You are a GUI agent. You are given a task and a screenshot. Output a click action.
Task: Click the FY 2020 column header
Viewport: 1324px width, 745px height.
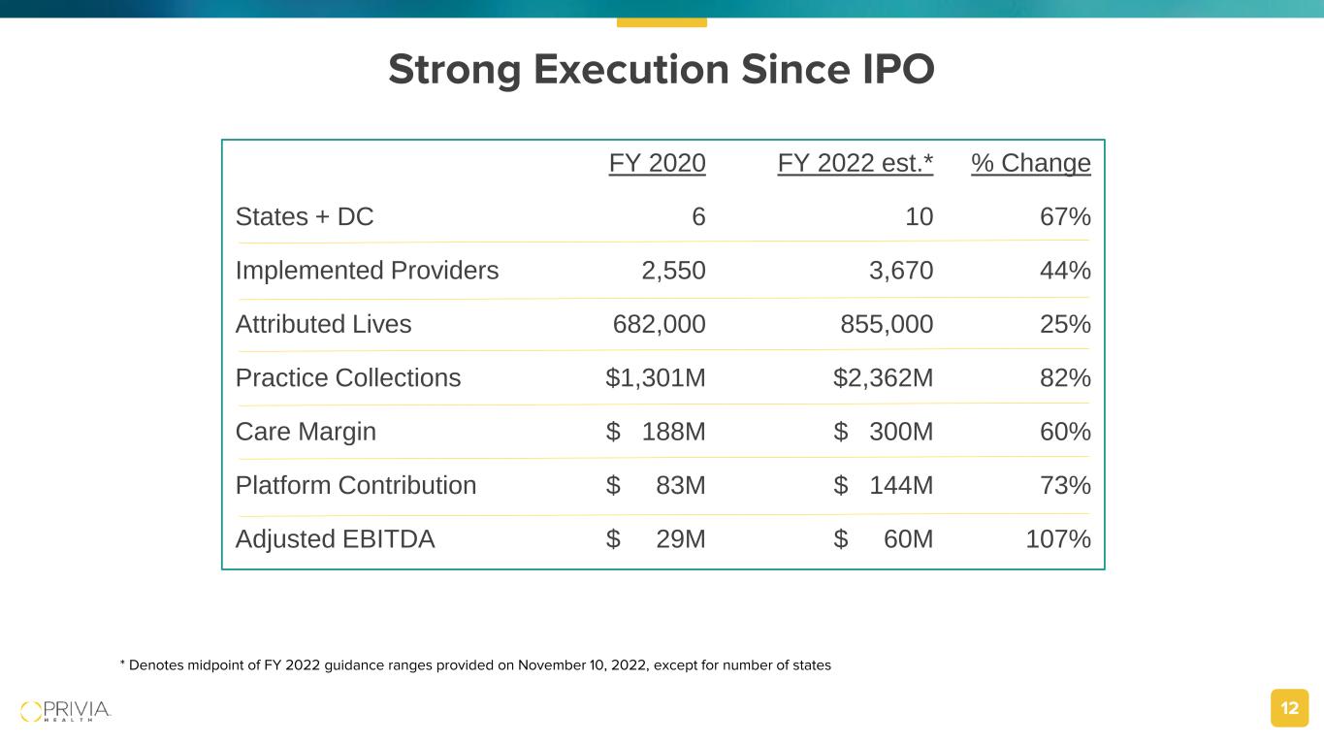(657, 163)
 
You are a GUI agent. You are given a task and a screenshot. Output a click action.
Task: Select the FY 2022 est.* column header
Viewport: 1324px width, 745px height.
(855, 163)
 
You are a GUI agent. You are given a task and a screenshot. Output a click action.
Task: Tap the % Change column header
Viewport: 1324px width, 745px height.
(1030, 163)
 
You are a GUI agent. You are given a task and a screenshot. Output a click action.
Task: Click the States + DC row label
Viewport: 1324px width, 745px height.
(305, 216)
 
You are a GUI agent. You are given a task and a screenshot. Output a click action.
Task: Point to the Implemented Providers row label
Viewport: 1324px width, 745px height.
(367, 271)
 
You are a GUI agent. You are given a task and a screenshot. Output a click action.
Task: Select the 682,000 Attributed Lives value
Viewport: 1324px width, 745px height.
(659, 324)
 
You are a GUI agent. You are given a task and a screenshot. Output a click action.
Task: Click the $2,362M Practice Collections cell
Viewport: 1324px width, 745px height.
(883, 378)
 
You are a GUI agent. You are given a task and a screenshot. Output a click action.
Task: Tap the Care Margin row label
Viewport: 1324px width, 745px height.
(306, 432)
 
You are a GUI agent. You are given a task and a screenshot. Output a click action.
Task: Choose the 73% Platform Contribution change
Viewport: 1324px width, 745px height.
(1064, 485)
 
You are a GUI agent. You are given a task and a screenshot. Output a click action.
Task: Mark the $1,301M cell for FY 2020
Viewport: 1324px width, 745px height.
(655, 378)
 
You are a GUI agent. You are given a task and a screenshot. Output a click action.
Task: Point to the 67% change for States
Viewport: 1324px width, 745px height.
(1064, 216)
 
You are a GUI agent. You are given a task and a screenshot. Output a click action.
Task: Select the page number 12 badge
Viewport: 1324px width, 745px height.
(1289, 708)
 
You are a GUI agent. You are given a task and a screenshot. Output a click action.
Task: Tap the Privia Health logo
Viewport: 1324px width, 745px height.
(66, 710)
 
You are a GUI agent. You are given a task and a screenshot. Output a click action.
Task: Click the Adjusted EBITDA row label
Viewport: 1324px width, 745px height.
(335, 539)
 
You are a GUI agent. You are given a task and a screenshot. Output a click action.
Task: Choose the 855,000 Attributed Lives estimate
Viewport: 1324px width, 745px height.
(887, 324)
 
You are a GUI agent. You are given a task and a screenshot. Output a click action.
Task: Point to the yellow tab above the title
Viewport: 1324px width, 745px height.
(662, 21)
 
